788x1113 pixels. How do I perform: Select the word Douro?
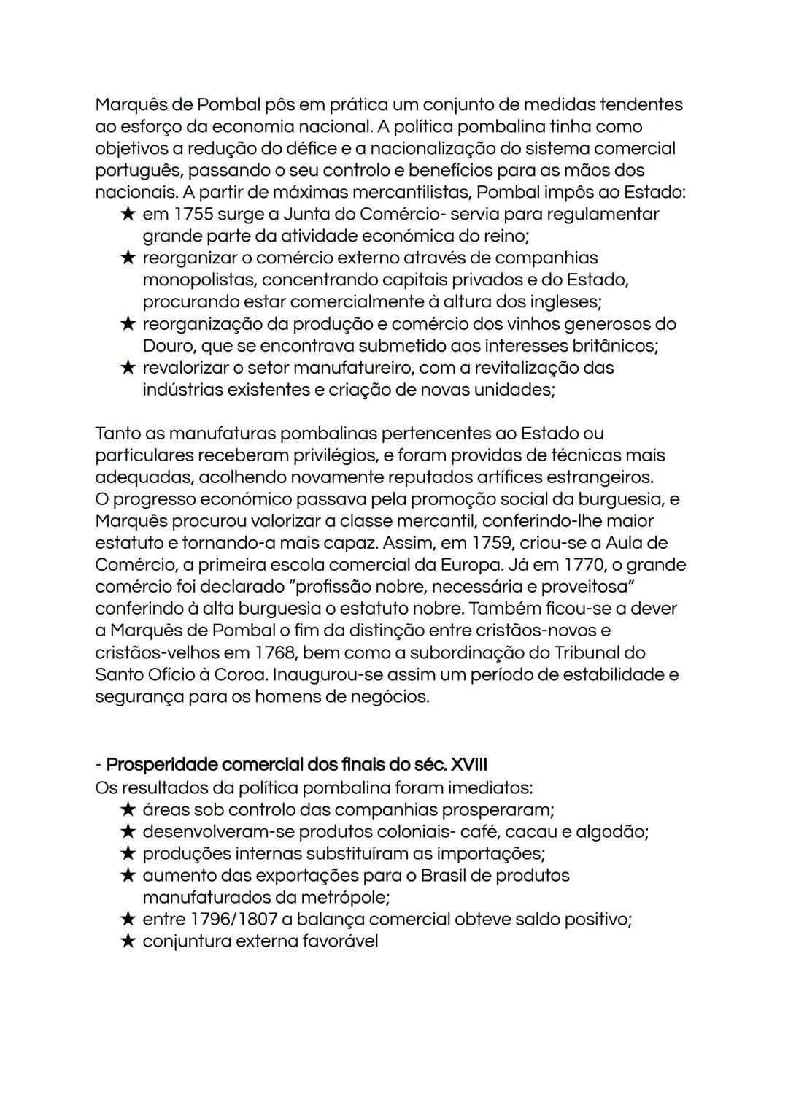169,346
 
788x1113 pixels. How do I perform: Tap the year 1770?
586,565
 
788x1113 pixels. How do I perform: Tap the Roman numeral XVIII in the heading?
469,765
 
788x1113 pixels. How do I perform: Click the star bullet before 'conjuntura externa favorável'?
128,941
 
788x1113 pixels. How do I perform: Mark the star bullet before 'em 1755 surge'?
128,215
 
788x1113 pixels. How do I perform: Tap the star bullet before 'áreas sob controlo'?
128,809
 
